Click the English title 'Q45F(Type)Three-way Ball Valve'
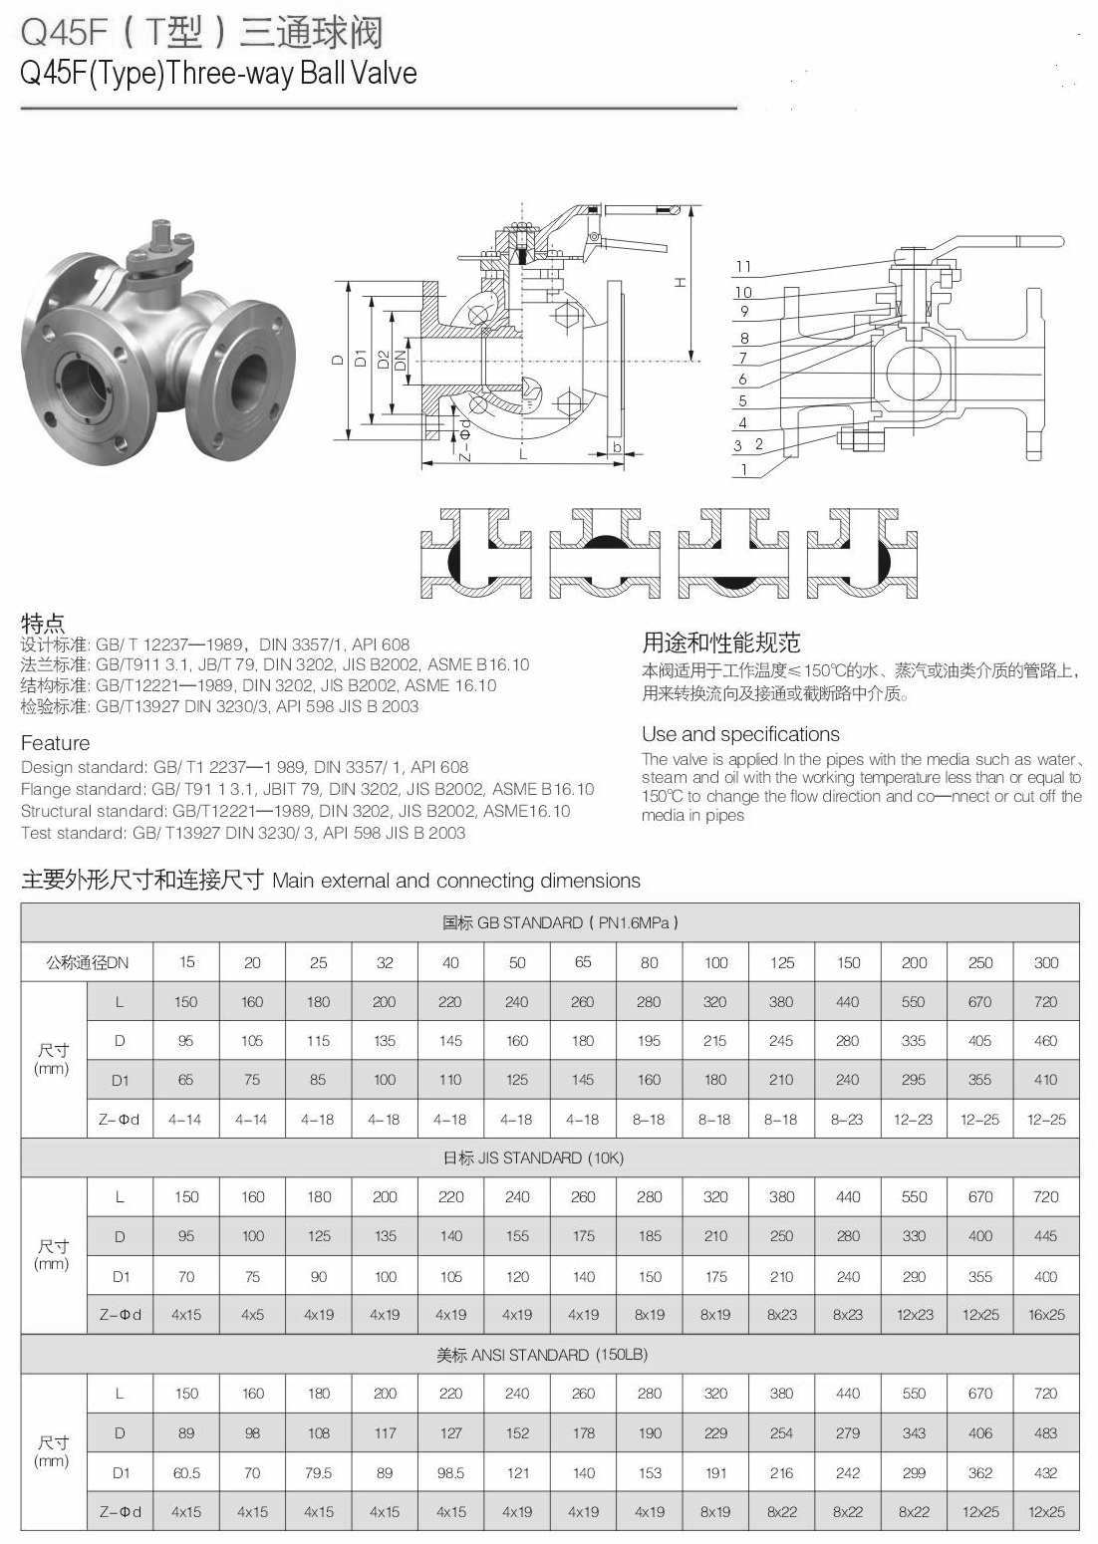tap(218, 74)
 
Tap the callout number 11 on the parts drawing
tap(743, 267)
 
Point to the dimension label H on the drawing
tap(680, 282)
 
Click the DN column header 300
tap(1046, 962)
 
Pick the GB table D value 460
tap(1046, 1041)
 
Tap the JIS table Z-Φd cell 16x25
tap(1046, 1315)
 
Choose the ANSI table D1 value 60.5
tap(186, 1472)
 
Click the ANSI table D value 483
tap(1046, 1433)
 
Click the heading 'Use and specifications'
tap(740, 735)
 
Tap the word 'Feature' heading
tap(55, 743)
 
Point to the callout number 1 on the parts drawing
tap(743, 469)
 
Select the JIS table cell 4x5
tap(252, 1315)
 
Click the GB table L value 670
tap(979, 1002)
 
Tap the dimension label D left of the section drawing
tap(338, 361)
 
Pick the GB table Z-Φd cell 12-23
tap(913, 1120)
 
